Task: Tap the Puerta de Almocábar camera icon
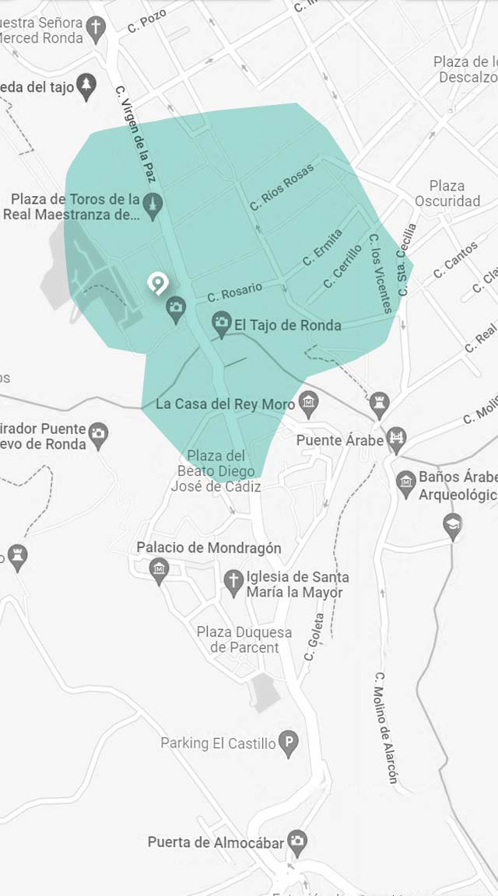296,842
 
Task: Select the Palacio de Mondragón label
209,548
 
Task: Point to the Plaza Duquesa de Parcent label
244,639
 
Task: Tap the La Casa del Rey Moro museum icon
310,402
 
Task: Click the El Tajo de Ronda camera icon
222,322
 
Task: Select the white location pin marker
158,283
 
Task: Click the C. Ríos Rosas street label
282,187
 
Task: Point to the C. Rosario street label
235,292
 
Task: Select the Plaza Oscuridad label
447,194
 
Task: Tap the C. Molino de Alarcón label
386,727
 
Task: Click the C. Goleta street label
314,645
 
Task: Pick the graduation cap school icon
452,525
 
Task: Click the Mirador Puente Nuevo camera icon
98,434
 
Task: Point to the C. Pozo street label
147,21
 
